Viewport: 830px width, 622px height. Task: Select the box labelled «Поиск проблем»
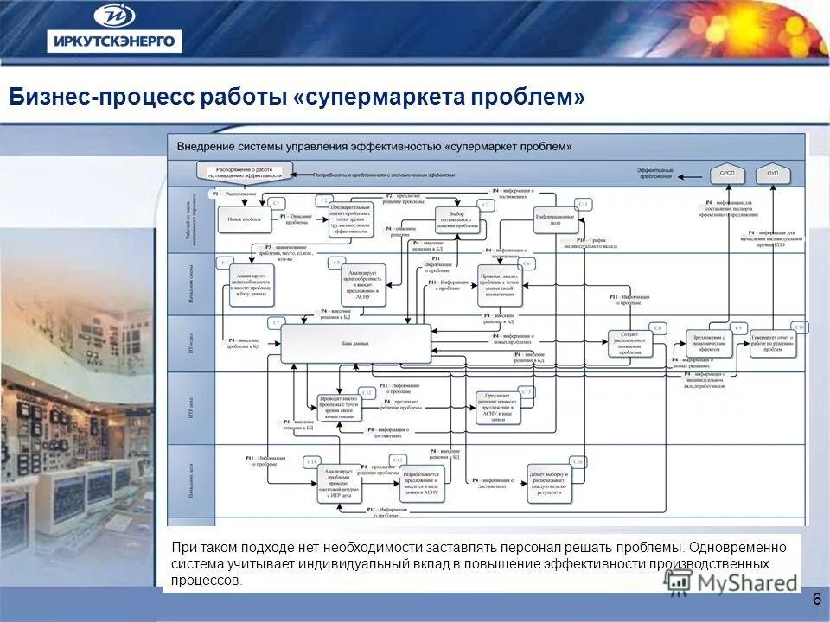[245, 219]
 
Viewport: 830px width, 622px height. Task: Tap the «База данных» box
[355, 343]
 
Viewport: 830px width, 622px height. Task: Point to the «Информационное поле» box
[555, 221]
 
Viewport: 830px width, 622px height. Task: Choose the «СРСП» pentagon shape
[727, 175]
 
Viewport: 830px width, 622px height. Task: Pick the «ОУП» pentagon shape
[773, 175]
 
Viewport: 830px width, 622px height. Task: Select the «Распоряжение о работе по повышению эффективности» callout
[245, 171]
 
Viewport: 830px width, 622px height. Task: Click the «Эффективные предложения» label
[654, 174]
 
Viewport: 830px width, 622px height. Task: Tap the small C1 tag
[277, 202]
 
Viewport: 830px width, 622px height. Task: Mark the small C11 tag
[584, 204]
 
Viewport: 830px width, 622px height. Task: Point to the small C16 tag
[578, 462]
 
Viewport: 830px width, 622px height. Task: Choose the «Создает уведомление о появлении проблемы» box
[630, 343]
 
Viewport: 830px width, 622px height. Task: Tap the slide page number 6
[816, 600]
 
